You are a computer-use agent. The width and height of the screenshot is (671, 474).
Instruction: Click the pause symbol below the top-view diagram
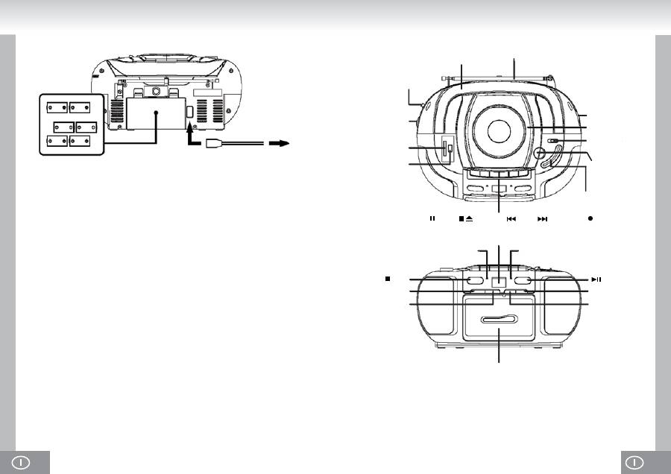[432, 219]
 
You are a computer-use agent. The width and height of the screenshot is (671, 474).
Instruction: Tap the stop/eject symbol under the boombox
[466, 219]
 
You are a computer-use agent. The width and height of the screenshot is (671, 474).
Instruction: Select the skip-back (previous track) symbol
[511, 219]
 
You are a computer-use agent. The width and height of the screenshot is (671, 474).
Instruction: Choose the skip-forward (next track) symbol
[543, 219]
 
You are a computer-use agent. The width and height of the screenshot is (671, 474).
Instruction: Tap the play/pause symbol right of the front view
[596, 279]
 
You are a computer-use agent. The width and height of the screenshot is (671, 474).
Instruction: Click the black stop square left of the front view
[388, 279]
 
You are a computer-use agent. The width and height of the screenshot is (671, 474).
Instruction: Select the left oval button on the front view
[476, 281]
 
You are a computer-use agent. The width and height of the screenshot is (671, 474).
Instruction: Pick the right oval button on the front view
[522, 281]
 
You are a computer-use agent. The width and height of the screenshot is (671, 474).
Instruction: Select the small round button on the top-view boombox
[539, 154]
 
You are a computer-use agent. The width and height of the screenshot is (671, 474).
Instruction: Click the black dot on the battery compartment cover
[157, 113]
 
